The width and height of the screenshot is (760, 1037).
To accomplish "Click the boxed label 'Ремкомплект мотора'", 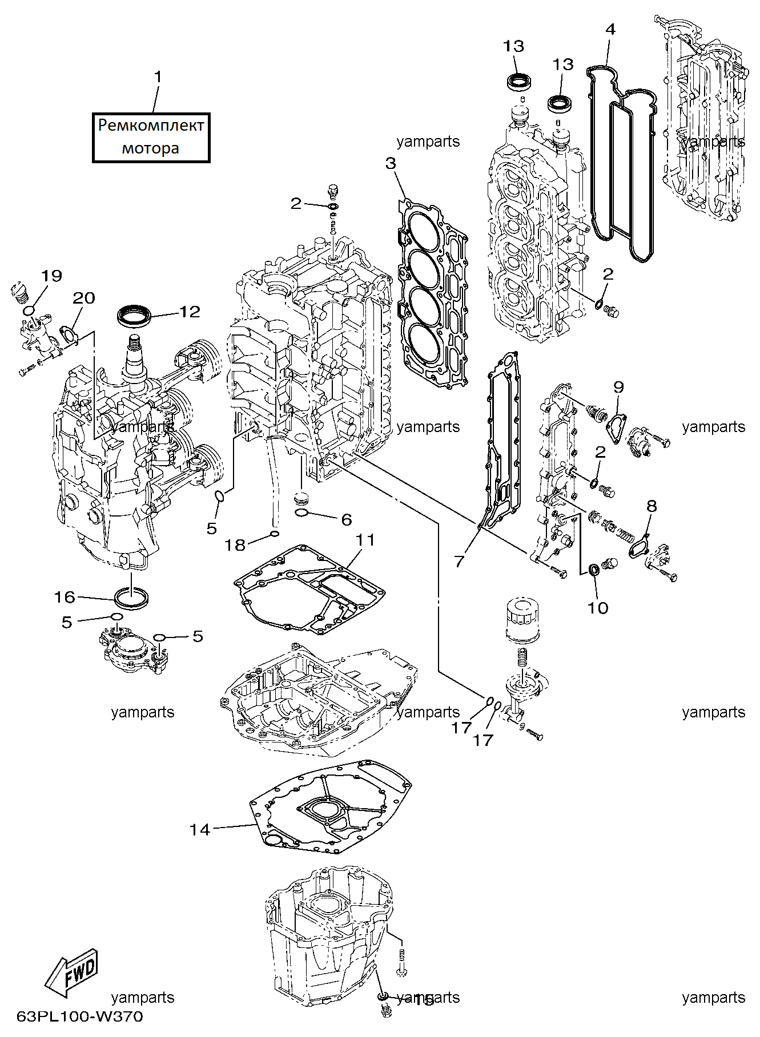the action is click(151, 138).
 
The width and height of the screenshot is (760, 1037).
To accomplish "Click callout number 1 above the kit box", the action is click(158, 76).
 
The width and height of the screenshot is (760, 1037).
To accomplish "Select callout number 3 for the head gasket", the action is click(391, 163).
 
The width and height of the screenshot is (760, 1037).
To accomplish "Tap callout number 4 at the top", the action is click(610, 29).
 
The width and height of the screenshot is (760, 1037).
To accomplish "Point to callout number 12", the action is click(190, 311).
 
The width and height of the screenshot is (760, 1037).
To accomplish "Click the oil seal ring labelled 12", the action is click(135, 315).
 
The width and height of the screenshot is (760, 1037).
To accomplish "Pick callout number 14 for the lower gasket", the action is click(200, 829).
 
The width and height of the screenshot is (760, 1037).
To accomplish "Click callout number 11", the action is click(365, 539).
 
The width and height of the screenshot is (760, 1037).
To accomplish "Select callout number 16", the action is click(65, 597).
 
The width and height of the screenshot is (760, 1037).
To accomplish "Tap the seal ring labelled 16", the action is click(132, 599).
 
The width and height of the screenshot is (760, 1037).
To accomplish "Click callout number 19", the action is click(51, 276).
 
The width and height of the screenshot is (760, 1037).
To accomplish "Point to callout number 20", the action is click(84, 298).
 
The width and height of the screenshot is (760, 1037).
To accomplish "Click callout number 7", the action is click(460, 562).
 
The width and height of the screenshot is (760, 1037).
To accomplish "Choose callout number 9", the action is click(618, 387).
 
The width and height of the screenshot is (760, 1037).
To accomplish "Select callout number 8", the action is click(652, 506).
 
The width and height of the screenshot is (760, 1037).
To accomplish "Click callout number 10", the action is click(598, 608).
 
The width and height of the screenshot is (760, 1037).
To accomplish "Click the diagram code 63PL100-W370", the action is click(80, 1016).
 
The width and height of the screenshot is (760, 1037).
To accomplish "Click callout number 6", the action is click(347, 519).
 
